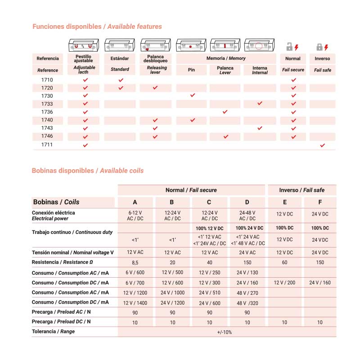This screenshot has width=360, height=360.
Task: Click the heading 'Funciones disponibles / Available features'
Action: tap(97, 27)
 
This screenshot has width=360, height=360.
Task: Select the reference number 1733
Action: tap(47, 104)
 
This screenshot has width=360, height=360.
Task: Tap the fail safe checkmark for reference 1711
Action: tap(322, 145)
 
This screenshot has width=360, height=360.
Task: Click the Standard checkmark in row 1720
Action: tap(121, 88)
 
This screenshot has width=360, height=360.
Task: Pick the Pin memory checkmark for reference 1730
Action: tap(193, 95)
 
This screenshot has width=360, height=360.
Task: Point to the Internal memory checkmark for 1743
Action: tap(260, 128)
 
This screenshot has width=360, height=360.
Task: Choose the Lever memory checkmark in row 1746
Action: tap(225, 136)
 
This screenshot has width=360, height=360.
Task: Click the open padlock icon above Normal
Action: tap(290, 46)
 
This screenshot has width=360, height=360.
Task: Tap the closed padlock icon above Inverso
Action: tap(319, 47)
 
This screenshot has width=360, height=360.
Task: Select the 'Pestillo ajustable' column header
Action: tap(84, 58)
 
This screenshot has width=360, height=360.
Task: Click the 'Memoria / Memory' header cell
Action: tap(226, 58)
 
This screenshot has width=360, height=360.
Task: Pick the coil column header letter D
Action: tap(247, 202)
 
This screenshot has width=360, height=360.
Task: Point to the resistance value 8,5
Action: tap(135, 262)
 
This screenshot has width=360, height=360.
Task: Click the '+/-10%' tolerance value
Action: tap(225, 332)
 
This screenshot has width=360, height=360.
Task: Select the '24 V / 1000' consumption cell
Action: tap(172, 292)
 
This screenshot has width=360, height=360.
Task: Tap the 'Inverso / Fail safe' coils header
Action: tap(301, 190)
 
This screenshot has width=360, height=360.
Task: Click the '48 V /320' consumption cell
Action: tap(247, 303)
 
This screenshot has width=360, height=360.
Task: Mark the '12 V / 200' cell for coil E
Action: tap(284, 283)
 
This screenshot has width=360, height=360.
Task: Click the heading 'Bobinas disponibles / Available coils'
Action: tap(88, 171)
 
